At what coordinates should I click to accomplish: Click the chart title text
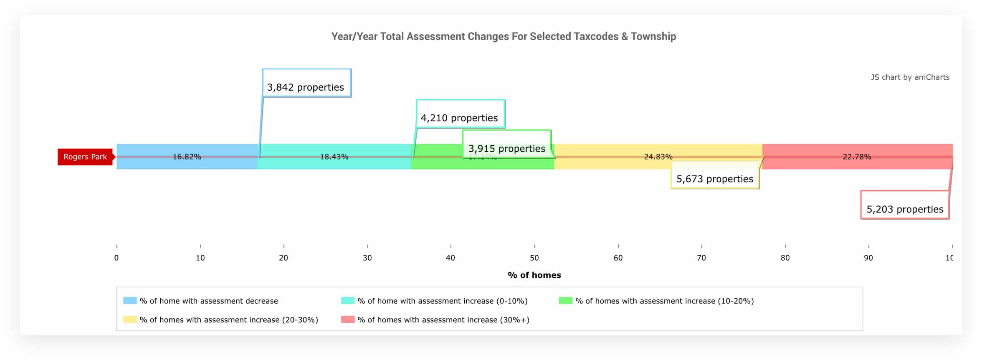click(504, 37)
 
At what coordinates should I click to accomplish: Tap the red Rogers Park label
click(85, 157)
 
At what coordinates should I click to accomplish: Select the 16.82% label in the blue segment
click(187, 157)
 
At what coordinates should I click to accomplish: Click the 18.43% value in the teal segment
click(334, 157)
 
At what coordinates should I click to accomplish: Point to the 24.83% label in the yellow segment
click(658, 157)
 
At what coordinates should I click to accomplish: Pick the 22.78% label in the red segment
click(857, 157)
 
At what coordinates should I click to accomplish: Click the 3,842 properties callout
click(306, 87)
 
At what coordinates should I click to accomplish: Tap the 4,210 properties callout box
click(460, 118)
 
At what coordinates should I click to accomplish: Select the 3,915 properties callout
click(507, 148)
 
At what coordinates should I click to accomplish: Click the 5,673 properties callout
click(715, 179)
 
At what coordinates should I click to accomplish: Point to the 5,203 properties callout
click(905, 209)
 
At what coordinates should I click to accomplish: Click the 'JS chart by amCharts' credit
click(910, 77)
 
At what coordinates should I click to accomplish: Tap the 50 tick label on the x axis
click(534, 258)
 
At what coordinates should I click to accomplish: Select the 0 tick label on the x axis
click(116, 258)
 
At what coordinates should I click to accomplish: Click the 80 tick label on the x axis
click(785, 258)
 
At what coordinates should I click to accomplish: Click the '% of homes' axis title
click(534, 275)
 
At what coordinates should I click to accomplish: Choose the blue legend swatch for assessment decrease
click(130, 301)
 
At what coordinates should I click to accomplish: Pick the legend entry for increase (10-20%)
click(664, 301)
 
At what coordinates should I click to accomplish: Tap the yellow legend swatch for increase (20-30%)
click(130, 319)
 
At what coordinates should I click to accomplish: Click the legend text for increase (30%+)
click(443, 320)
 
